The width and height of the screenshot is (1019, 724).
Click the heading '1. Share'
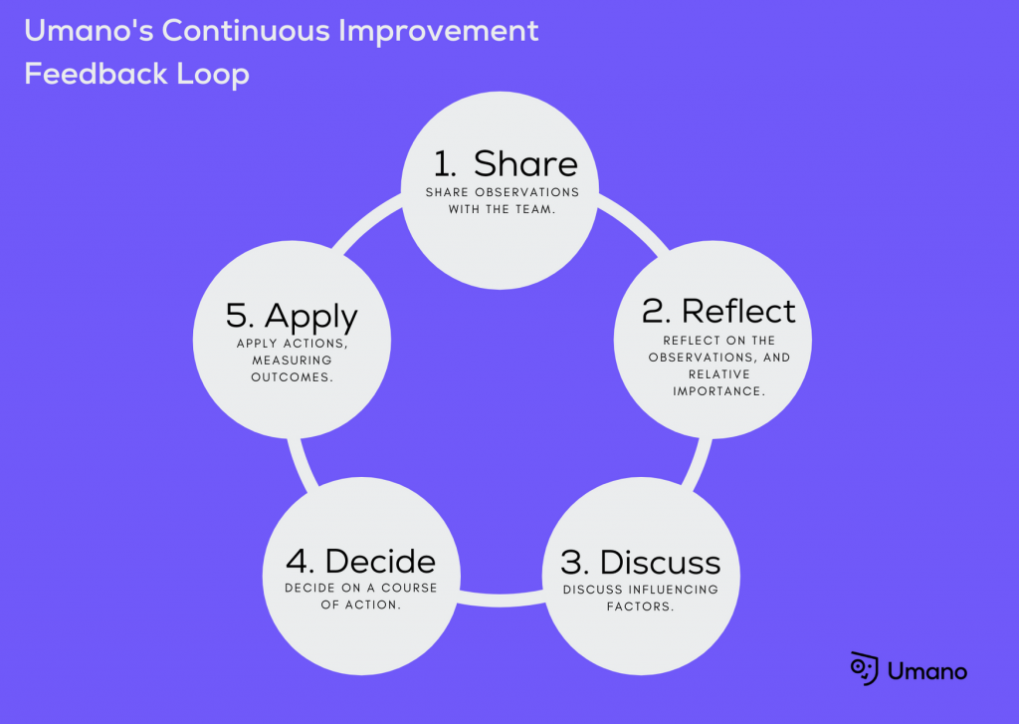point(505,164)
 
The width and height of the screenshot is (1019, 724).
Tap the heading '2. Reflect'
point(718,311)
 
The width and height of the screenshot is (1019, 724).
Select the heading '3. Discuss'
point(640,562)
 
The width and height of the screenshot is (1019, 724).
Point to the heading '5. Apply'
point(292,317)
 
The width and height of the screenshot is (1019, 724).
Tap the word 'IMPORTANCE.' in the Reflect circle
point(718,391)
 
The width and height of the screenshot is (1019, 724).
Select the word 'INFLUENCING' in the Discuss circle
point(671,590)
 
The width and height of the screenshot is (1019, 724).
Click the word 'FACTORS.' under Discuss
point(640,605)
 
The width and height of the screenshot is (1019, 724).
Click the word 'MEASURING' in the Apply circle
point(293,360)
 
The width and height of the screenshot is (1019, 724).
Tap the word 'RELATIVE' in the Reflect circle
point(718,375)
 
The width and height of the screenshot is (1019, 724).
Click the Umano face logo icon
point(864,668)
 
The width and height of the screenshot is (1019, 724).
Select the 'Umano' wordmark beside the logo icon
point(927,671)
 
